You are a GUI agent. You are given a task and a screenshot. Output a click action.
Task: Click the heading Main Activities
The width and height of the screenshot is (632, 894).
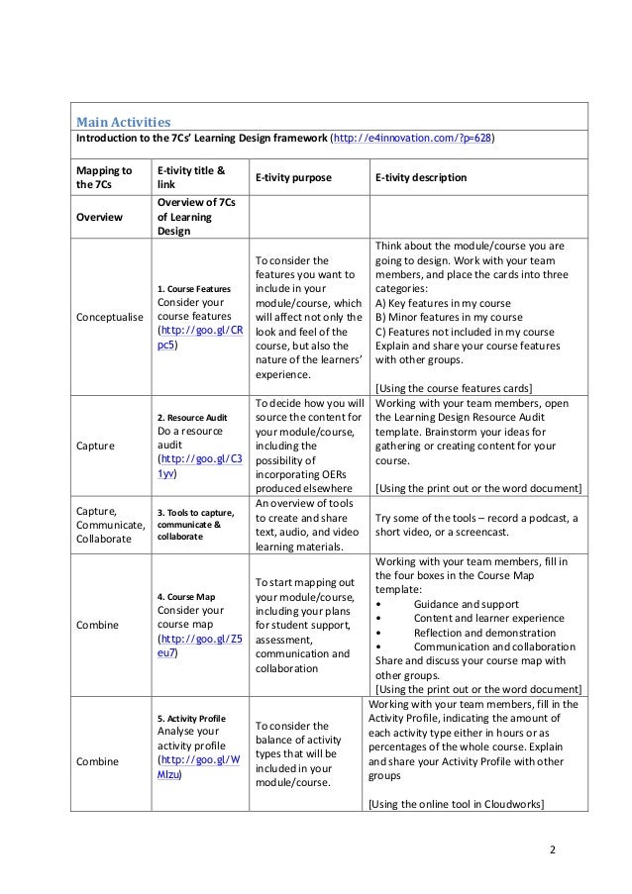118,122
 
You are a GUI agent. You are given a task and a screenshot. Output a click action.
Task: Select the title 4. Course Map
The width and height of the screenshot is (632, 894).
185,597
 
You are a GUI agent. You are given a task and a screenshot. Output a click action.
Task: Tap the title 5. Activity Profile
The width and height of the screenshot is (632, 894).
191,718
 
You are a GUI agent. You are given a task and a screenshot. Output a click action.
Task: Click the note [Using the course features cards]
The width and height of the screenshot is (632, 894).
454,387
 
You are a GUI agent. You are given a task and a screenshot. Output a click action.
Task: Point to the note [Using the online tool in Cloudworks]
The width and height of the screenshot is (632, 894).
456,805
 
